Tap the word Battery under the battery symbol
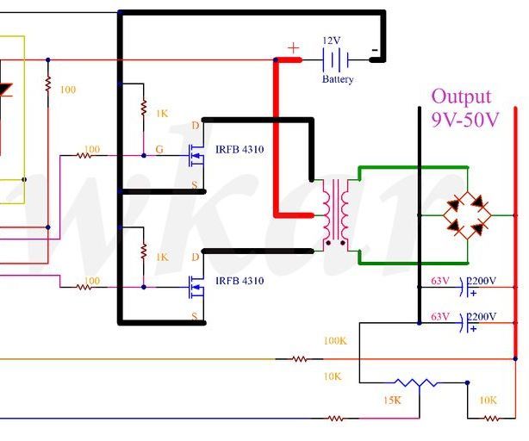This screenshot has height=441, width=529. [x=338, y=79]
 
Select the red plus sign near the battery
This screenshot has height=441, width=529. [x=294, y=48]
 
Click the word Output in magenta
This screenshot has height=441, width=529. [x=461, y=96]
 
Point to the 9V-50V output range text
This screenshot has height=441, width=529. [x=465, y=120]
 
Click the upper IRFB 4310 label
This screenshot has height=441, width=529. [x=239, y=150]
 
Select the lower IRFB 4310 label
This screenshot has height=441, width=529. [x=239, y=281]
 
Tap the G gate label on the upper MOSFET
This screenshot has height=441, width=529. [x=159, y=149]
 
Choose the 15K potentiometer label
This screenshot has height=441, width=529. [x=392, y=401]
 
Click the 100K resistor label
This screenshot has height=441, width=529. [x=334, y=341]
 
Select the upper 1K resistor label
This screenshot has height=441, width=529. [x=162, y=114]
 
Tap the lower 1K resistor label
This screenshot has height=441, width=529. [x=162, y=257]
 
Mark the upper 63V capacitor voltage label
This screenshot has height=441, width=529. [x=439, y=281]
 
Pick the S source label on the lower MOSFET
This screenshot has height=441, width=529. [x=195, y=317]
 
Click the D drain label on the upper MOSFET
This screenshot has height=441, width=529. [x=195, y=126]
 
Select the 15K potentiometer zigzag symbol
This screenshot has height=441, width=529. [x=411, y=382]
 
